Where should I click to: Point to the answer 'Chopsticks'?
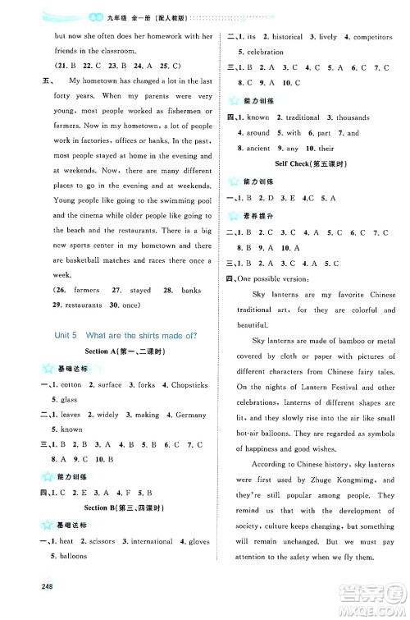(185, 385)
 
